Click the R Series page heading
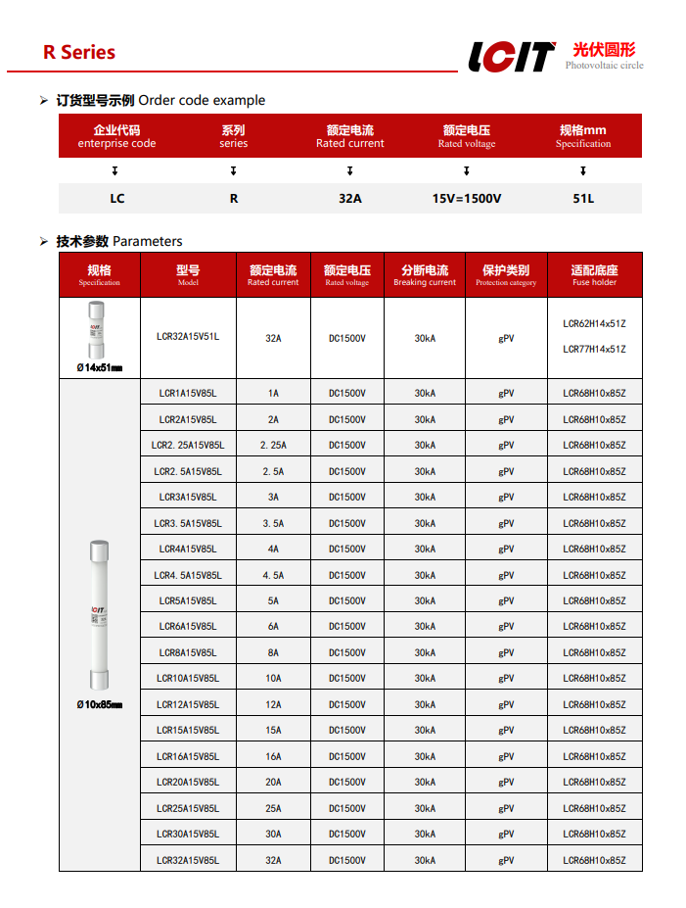(x=78, y=53)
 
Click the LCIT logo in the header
(x=511, y=56)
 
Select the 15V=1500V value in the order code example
(x=467, y=198)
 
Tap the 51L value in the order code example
(x=583, y=198)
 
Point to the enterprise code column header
(x=116, y=136)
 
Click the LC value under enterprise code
(x=116, y=198)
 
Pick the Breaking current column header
(x=425, y=275)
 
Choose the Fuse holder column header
(x=595, y=275)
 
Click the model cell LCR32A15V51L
(x=188, y=337)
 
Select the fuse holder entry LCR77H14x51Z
(x=594, y=350)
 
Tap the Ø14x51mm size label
(x=99, y=368)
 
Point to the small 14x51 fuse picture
(x=98, y=330)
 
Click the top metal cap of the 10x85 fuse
(x=99, y=551)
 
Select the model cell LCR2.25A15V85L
(x=188, y=445)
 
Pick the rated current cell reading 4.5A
(x=273, y=575)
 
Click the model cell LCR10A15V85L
(x=188, y=678)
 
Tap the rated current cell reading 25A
(x=273, y=808)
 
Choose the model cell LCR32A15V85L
(x=188, y=860)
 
